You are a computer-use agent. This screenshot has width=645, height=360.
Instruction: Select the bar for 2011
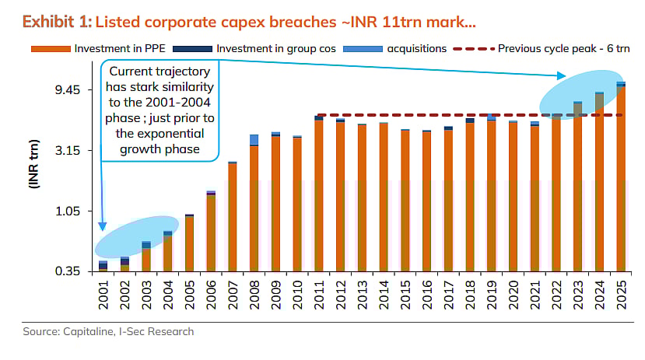pyautogui.click(x=319, y=195)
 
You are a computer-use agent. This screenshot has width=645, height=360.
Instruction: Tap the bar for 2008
pyautogui.click(x=254, y=207)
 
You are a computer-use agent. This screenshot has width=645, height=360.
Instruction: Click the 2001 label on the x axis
pyautogui.click(x=103, y=292)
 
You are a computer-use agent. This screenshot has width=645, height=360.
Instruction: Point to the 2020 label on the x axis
pyautogui.click(x=513, y=292)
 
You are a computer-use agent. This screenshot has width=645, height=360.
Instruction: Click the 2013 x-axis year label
pyautogui.click(x=362, y=292)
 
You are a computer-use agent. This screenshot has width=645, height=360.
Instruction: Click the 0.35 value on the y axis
pyautogui.click(x=70, y=271)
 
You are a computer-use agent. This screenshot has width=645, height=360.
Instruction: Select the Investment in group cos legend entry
pyautogui.click(x=269, y=48)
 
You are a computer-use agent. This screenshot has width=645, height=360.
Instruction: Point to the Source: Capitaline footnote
pyautogui.click(x=107, y=332)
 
